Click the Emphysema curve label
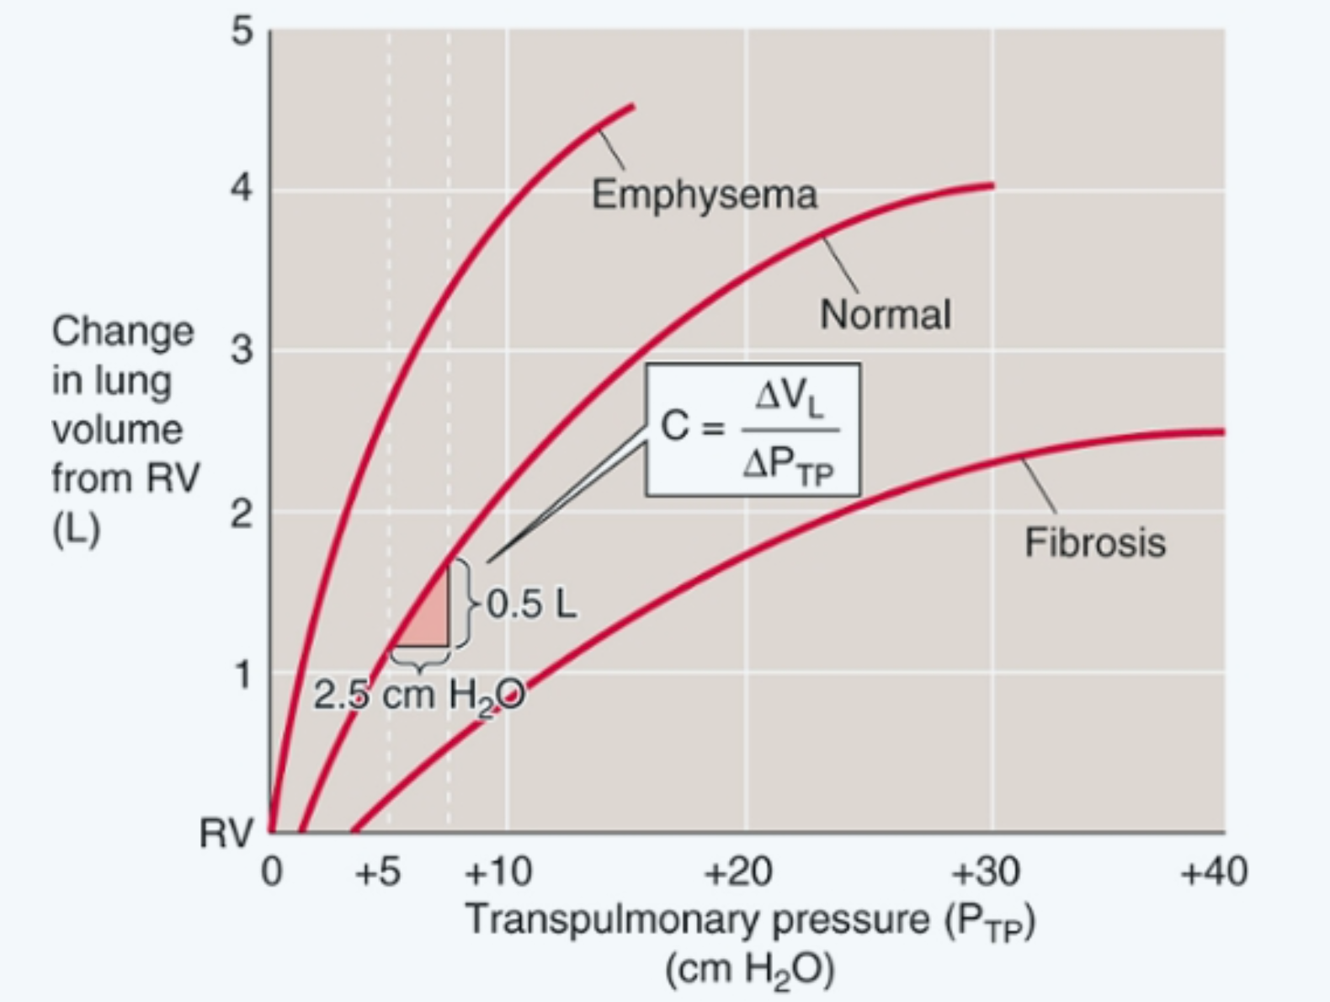tap(704, 195)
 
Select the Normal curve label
tap(885, 315)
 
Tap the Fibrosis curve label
tap(1094, 542)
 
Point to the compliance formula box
tap(753, 429)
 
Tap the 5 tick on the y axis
tap(242, 31)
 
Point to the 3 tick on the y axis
tap(242, 349)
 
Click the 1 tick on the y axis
tap(242, 674)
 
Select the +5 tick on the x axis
tap(378, 872)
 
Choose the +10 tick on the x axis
tap(498, 872)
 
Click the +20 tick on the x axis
tap(738, 872)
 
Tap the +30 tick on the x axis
tap(985, 872)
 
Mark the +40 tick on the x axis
tap(1213, 872)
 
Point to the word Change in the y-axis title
tap(122, 331)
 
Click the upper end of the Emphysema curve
tap(631, 107)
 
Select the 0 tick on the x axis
tap(271, 872)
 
